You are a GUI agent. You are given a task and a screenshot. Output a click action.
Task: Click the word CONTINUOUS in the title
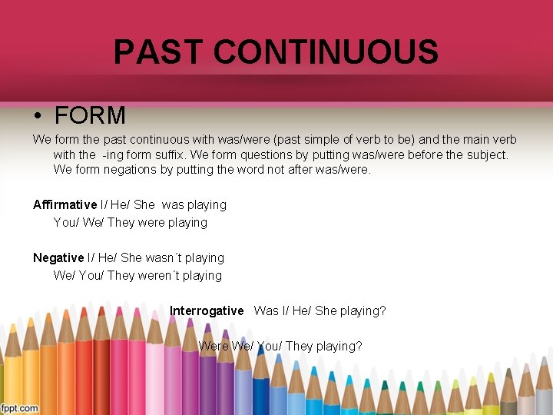pos(326,52)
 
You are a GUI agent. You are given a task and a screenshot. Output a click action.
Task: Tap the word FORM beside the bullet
pos(90,116)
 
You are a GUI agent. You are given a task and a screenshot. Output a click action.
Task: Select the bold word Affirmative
pos(65,205)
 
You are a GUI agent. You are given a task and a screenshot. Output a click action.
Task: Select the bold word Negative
pos(58,258)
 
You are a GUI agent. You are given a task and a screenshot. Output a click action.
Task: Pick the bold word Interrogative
pos(207,311)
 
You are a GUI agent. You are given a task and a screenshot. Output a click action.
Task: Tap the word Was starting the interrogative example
pos(267,311)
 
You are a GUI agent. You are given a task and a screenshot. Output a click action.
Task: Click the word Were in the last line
pos(214,347)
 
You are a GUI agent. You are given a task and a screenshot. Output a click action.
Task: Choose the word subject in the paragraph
pos(486,154)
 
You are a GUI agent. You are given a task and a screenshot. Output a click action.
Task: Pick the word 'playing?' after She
pos(362,311)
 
